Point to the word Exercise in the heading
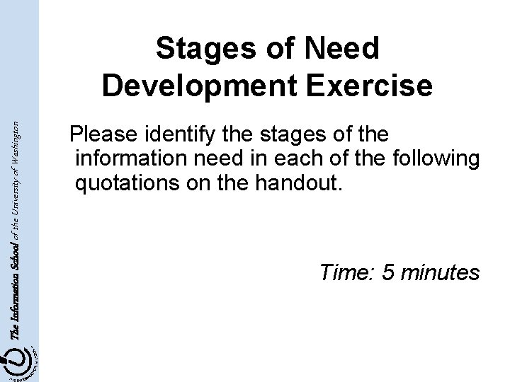374,86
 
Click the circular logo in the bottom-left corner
20,361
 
